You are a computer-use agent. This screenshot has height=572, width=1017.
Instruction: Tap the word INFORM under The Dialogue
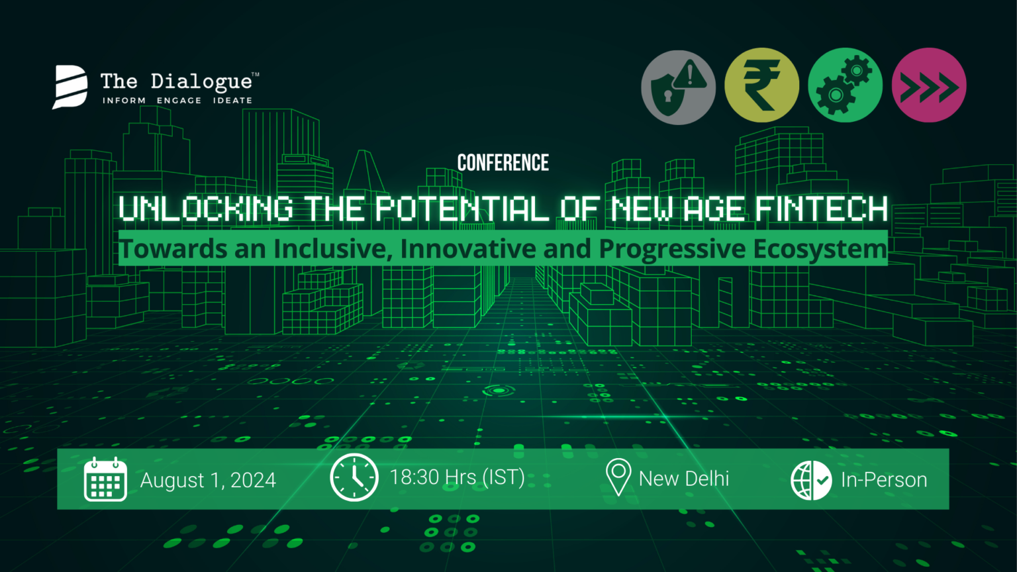pyautogui.click(x=124, y=101)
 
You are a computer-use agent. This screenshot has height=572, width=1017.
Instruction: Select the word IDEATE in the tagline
pyautogui.click(x=233, y=101)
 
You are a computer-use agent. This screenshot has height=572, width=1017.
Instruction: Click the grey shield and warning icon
pyautogui.click(x=678, y=87)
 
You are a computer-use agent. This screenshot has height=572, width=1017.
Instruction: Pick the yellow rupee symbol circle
pyautogui.click(x=762, y=85)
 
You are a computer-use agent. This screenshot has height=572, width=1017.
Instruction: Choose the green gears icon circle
pyautogui.click(x=846, y=85)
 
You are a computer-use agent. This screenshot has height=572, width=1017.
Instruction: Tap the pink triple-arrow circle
pyautogui.click(x=929, y=85)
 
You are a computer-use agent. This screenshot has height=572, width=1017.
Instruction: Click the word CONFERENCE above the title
pyautogui.click(x=503, y=162)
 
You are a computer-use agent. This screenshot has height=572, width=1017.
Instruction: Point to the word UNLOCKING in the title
pyautogui.click(x=206, y=209)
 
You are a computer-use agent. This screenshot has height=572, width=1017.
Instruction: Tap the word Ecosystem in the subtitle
pyautogui.click(x=820, y=250)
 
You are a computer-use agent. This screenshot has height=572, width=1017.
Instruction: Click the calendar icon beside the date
pyautogui.click(x=105, y=479)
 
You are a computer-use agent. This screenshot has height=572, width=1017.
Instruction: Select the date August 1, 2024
pyautogui.click(x=208, y=480)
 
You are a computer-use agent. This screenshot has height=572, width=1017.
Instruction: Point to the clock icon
pyautogui.click(x=354, y=477)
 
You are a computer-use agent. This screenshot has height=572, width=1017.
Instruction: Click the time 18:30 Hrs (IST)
pyautogui.click(x=458, y=477)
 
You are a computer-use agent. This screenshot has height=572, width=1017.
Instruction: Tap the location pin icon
pyautogui.click(x=618, y=477)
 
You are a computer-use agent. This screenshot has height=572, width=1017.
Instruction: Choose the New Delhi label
pyautogui.click(x=684, y=479)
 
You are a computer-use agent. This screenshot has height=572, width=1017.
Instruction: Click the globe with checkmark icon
pyautogui.click(x=811, y=480)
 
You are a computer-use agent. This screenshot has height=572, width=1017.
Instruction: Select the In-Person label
pyautogui.click(x=884, y=480)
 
